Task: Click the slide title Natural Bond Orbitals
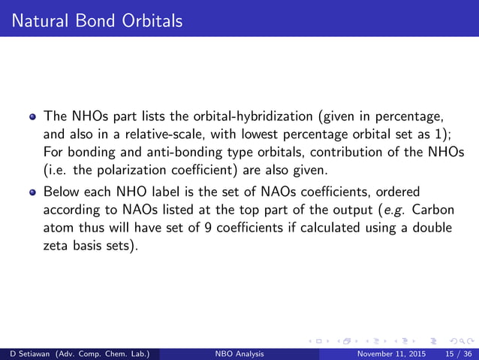click(93, 20)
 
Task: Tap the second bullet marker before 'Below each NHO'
click(32, 191)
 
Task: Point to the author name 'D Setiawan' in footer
click(29, 353)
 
